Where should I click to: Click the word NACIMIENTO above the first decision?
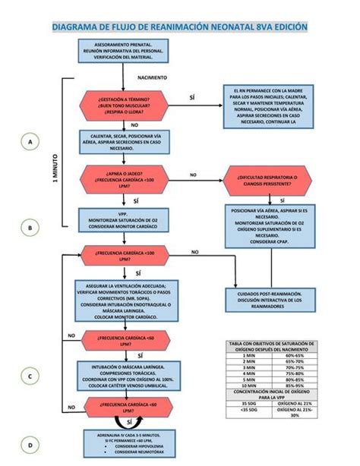153,77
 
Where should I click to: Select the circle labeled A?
30,142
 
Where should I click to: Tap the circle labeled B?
30,227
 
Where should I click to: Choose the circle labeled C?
30,376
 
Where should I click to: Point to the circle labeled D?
30,445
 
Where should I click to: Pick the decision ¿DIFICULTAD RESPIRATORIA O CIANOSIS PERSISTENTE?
271,179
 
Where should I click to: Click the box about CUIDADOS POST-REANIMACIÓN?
271,299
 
